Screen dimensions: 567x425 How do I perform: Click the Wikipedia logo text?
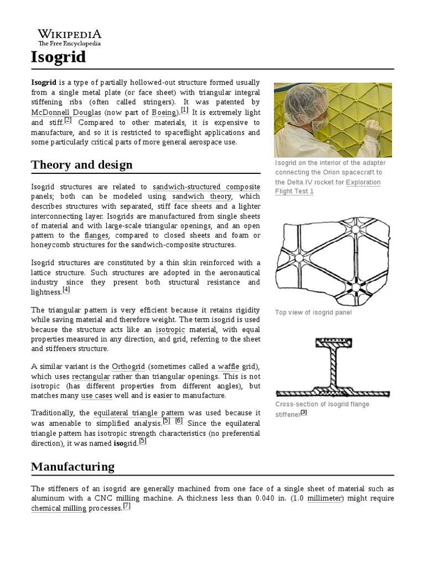coord(69,34)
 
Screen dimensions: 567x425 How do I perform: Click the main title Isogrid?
coord(58,56)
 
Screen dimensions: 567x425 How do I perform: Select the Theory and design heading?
coord(82,164)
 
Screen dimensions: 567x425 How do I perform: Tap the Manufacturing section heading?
coord(72,466)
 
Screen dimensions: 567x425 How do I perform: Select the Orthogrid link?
coord(128,367)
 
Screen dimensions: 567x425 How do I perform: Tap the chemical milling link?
coord(59,508)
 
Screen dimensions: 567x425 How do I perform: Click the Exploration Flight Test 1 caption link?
coord(328,187)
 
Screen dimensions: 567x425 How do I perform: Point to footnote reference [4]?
coord(66,290)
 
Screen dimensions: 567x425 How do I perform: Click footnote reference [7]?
coord(127,506)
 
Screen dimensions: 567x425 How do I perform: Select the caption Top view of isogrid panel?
coord(313,313)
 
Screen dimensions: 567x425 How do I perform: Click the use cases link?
coord(96,396)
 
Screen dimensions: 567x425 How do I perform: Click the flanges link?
coord(96,235)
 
